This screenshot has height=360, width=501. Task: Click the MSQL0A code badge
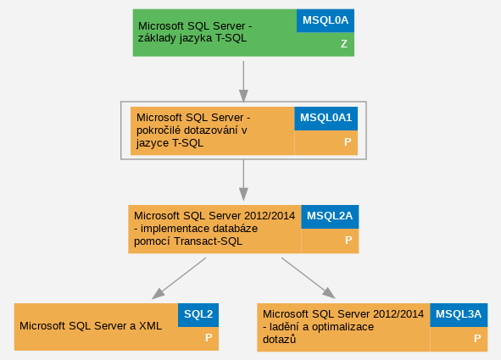pyautogui.click(x=326, y=20)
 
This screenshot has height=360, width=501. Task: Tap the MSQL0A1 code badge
pyautogui.click(x=326, y=119)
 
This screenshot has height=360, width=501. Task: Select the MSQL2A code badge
pyautogui.click(x=330, y=217)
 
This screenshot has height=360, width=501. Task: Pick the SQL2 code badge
pyautogui.click(x=198, y=315)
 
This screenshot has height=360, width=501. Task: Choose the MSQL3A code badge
pyautogui.click(x=459, y=315)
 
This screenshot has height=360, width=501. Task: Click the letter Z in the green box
pyautogui.click(x=344, y=44)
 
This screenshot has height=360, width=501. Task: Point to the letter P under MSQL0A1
pyautogui.click(x=348, y=142)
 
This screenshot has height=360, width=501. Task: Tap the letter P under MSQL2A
pyautogui.click(x=348, y=241)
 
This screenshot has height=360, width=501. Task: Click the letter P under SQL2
pyautogui.click(x=209, y=338)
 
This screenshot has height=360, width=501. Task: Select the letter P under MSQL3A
pyautogui.click(x=477, y=338)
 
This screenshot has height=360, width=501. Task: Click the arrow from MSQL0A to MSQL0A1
pyautogui.click(x=243, y=81)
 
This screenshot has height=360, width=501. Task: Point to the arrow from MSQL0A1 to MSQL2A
pyautogui.click(x=243, y=180)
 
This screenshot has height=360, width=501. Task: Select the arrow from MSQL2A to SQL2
pyautogui.click(x=179, y=279)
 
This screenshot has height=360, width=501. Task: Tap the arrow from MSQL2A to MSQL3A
pyautogui.click(x=309, y=278)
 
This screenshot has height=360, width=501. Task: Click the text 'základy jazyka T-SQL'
pyautogui.click(x=192, y=38)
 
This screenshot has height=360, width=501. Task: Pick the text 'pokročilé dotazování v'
pyautogui.click(x=192, y=130)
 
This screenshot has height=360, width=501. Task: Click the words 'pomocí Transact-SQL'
pyautogui.click(x=188, y=241)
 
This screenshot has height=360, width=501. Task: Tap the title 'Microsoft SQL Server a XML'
pyautogui.click(x=91, y=326)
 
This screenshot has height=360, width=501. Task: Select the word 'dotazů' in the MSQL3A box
pyautogui.click(x=279, y=340)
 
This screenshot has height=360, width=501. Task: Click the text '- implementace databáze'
pyautogui.click(x=196, y=229)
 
